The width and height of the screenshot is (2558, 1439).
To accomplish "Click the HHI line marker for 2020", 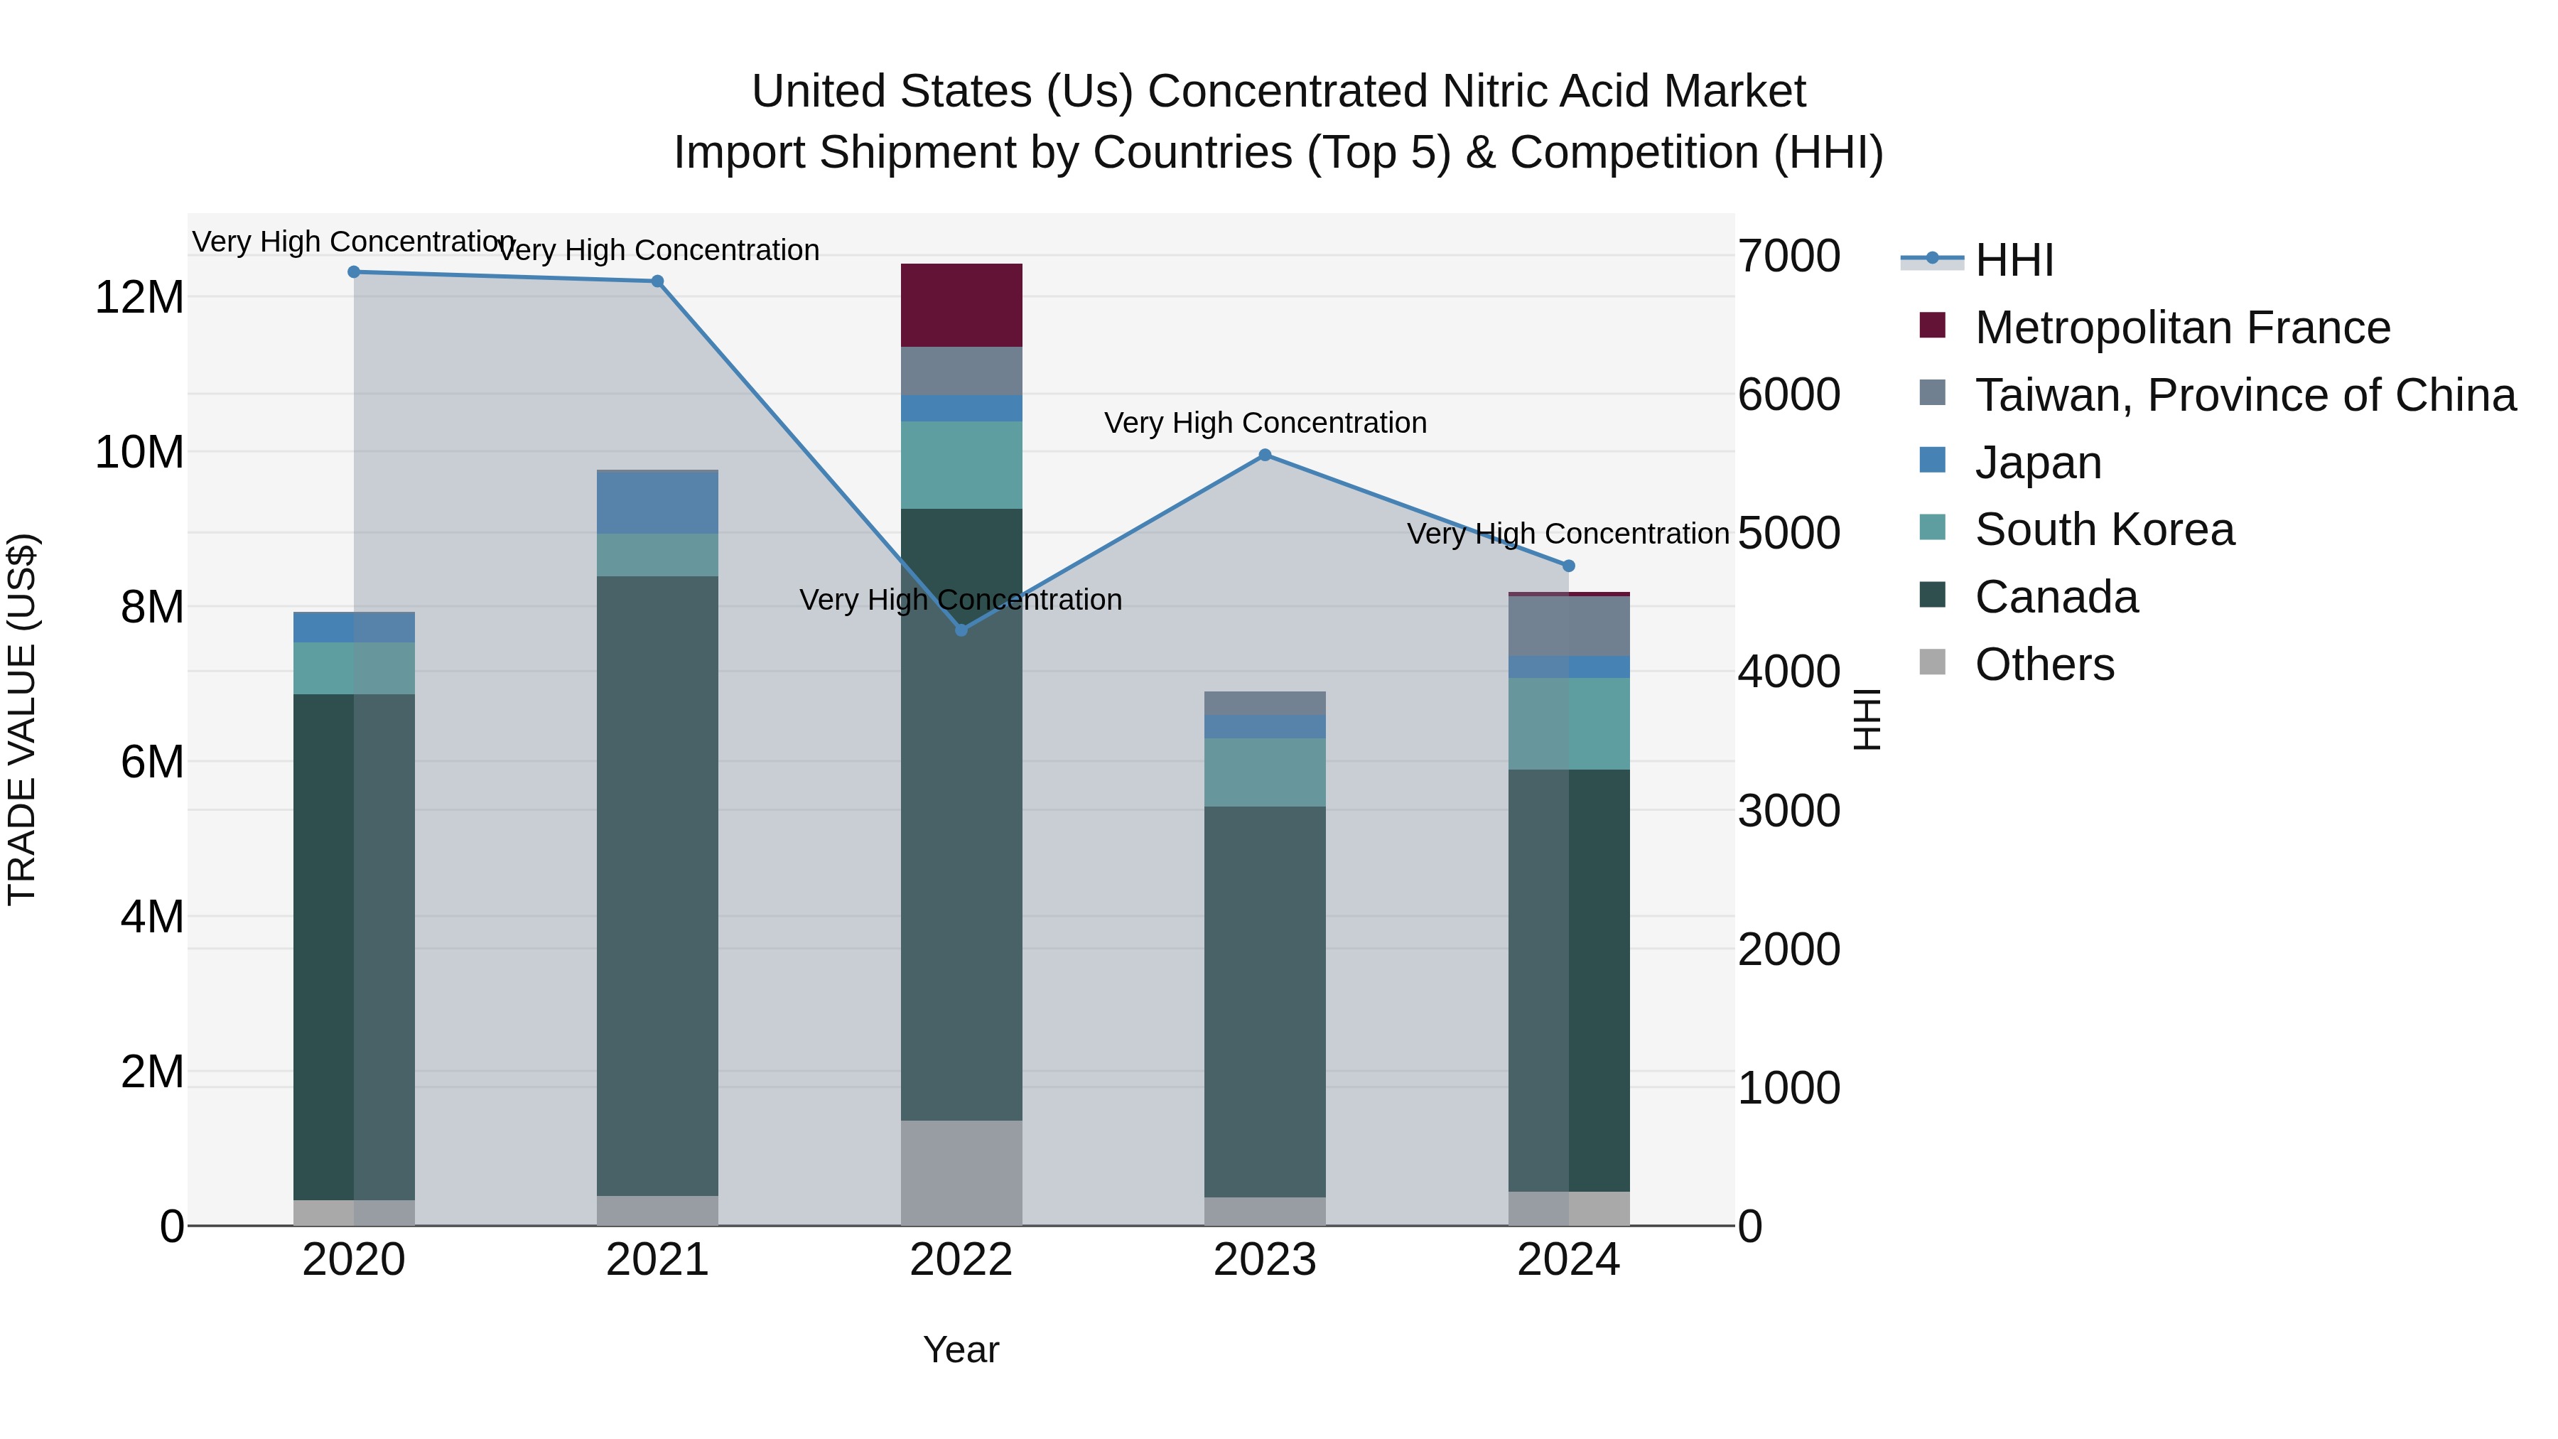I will click(354, 271).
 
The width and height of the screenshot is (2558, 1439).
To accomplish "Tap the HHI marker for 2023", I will click(1264, 455).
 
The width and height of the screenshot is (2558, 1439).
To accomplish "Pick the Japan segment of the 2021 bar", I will click(657, 502).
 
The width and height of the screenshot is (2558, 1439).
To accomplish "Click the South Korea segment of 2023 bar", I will click(1264, 772).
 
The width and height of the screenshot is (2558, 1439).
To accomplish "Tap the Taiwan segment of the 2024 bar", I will click(1568, 625).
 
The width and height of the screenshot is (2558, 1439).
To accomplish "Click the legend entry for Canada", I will click(2056, 597).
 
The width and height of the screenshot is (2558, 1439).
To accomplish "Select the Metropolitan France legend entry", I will click(2181, 327).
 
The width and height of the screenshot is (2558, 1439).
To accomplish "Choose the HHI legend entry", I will click(2013, 260).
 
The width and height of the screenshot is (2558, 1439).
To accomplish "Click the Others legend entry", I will click(2044, 664).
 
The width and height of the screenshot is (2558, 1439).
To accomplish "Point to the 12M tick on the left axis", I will click(139, 297).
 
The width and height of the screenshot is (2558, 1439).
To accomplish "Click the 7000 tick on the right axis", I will click(1788, 257).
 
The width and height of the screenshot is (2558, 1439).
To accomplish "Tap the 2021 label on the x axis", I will click(657, 1259).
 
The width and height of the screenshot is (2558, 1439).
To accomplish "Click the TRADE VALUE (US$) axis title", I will click(22, 719).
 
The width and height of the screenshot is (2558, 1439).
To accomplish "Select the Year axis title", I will click(960, 1349).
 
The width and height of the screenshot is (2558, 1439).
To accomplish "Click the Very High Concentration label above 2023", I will click(1264, 423).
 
